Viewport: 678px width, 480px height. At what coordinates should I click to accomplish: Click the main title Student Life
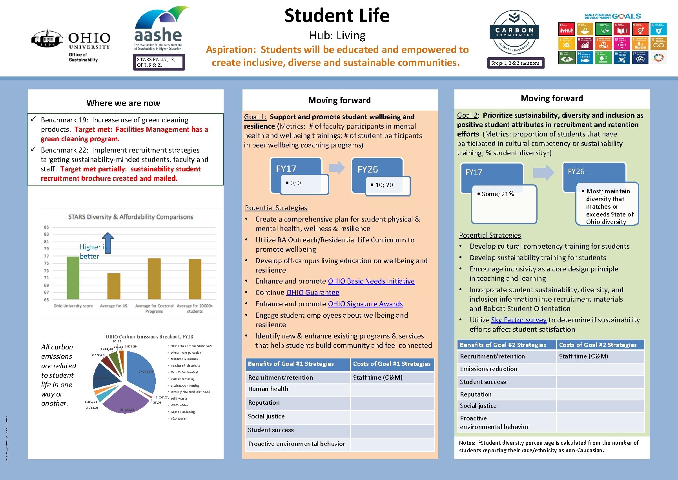(x=337, y=16)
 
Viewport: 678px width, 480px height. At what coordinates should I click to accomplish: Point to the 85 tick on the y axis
(x=46, y=227)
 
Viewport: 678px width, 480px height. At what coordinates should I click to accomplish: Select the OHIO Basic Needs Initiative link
(x=371, y=281)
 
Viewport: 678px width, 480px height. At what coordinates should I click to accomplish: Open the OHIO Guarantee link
(x=313, y=293)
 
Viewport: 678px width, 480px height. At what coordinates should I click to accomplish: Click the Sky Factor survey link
(x=518, y=320)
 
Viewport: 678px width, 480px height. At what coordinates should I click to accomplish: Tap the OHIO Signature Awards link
(x=365, y=304)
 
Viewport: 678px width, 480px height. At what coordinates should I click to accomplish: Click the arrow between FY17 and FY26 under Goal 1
(x=337, y=168)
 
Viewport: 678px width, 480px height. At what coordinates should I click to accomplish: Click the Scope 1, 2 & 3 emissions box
(x=515, y=63)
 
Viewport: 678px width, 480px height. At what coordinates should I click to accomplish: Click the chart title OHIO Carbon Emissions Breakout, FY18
(x=149, y=337)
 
